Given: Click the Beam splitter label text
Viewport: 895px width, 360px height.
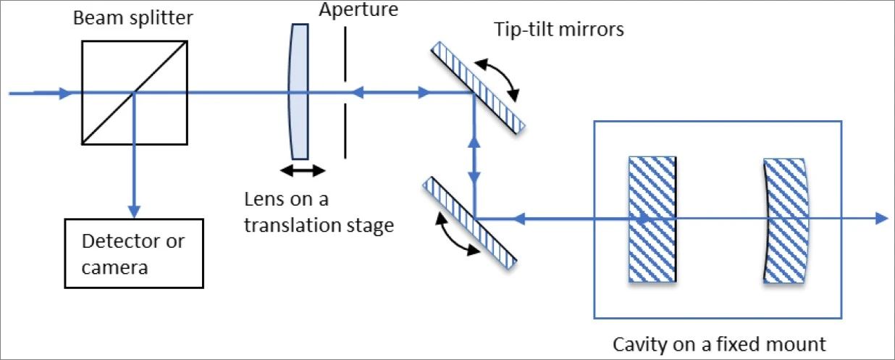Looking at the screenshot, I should point(132,17).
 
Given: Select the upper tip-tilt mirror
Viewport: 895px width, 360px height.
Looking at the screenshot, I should point(478,88).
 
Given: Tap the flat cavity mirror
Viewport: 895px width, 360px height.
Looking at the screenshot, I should point(652,218).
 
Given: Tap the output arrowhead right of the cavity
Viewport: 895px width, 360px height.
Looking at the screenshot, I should point(881,218).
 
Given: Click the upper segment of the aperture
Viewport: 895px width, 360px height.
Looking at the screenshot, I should point(346,55).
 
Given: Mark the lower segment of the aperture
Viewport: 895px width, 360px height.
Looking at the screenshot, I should point(346,130).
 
